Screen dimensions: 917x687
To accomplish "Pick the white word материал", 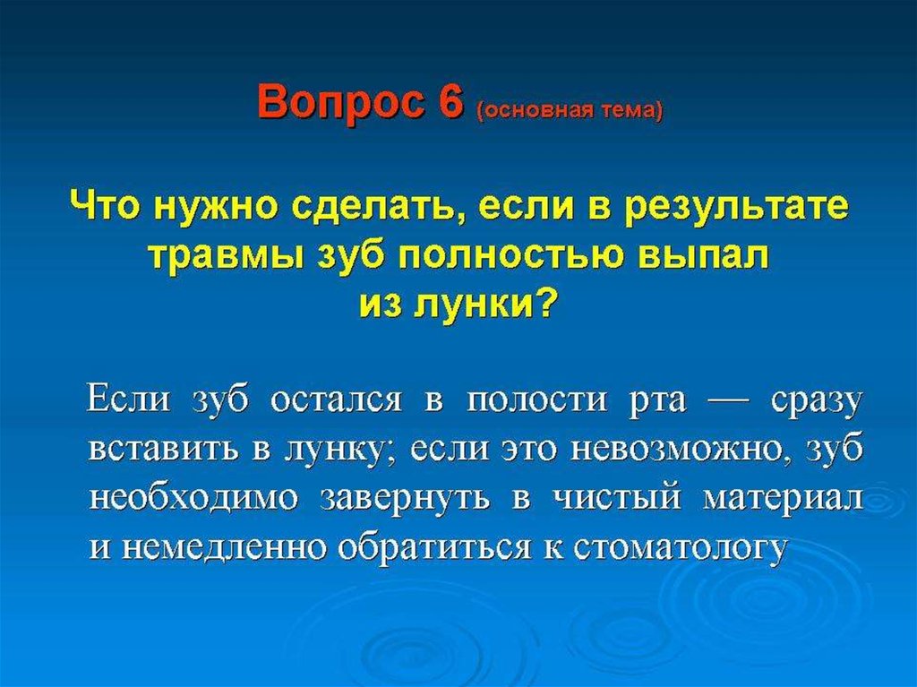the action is [x=784, y=500].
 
